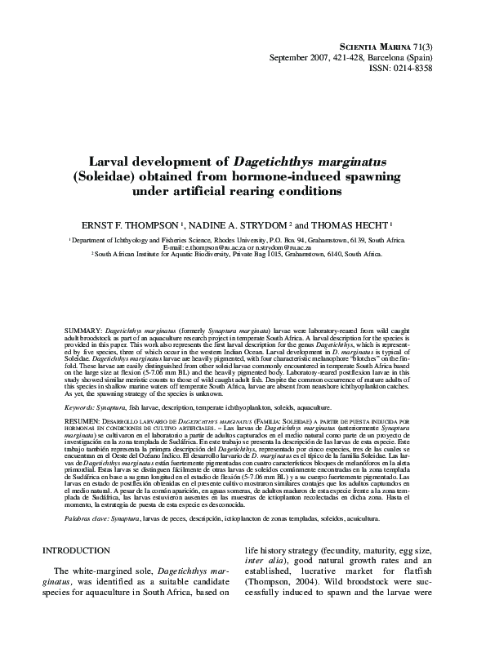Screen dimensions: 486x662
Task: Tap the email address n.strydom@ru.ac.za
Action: coord(279,247)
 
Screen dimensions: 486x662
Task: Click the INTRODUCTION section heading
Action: coord(82,574)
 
